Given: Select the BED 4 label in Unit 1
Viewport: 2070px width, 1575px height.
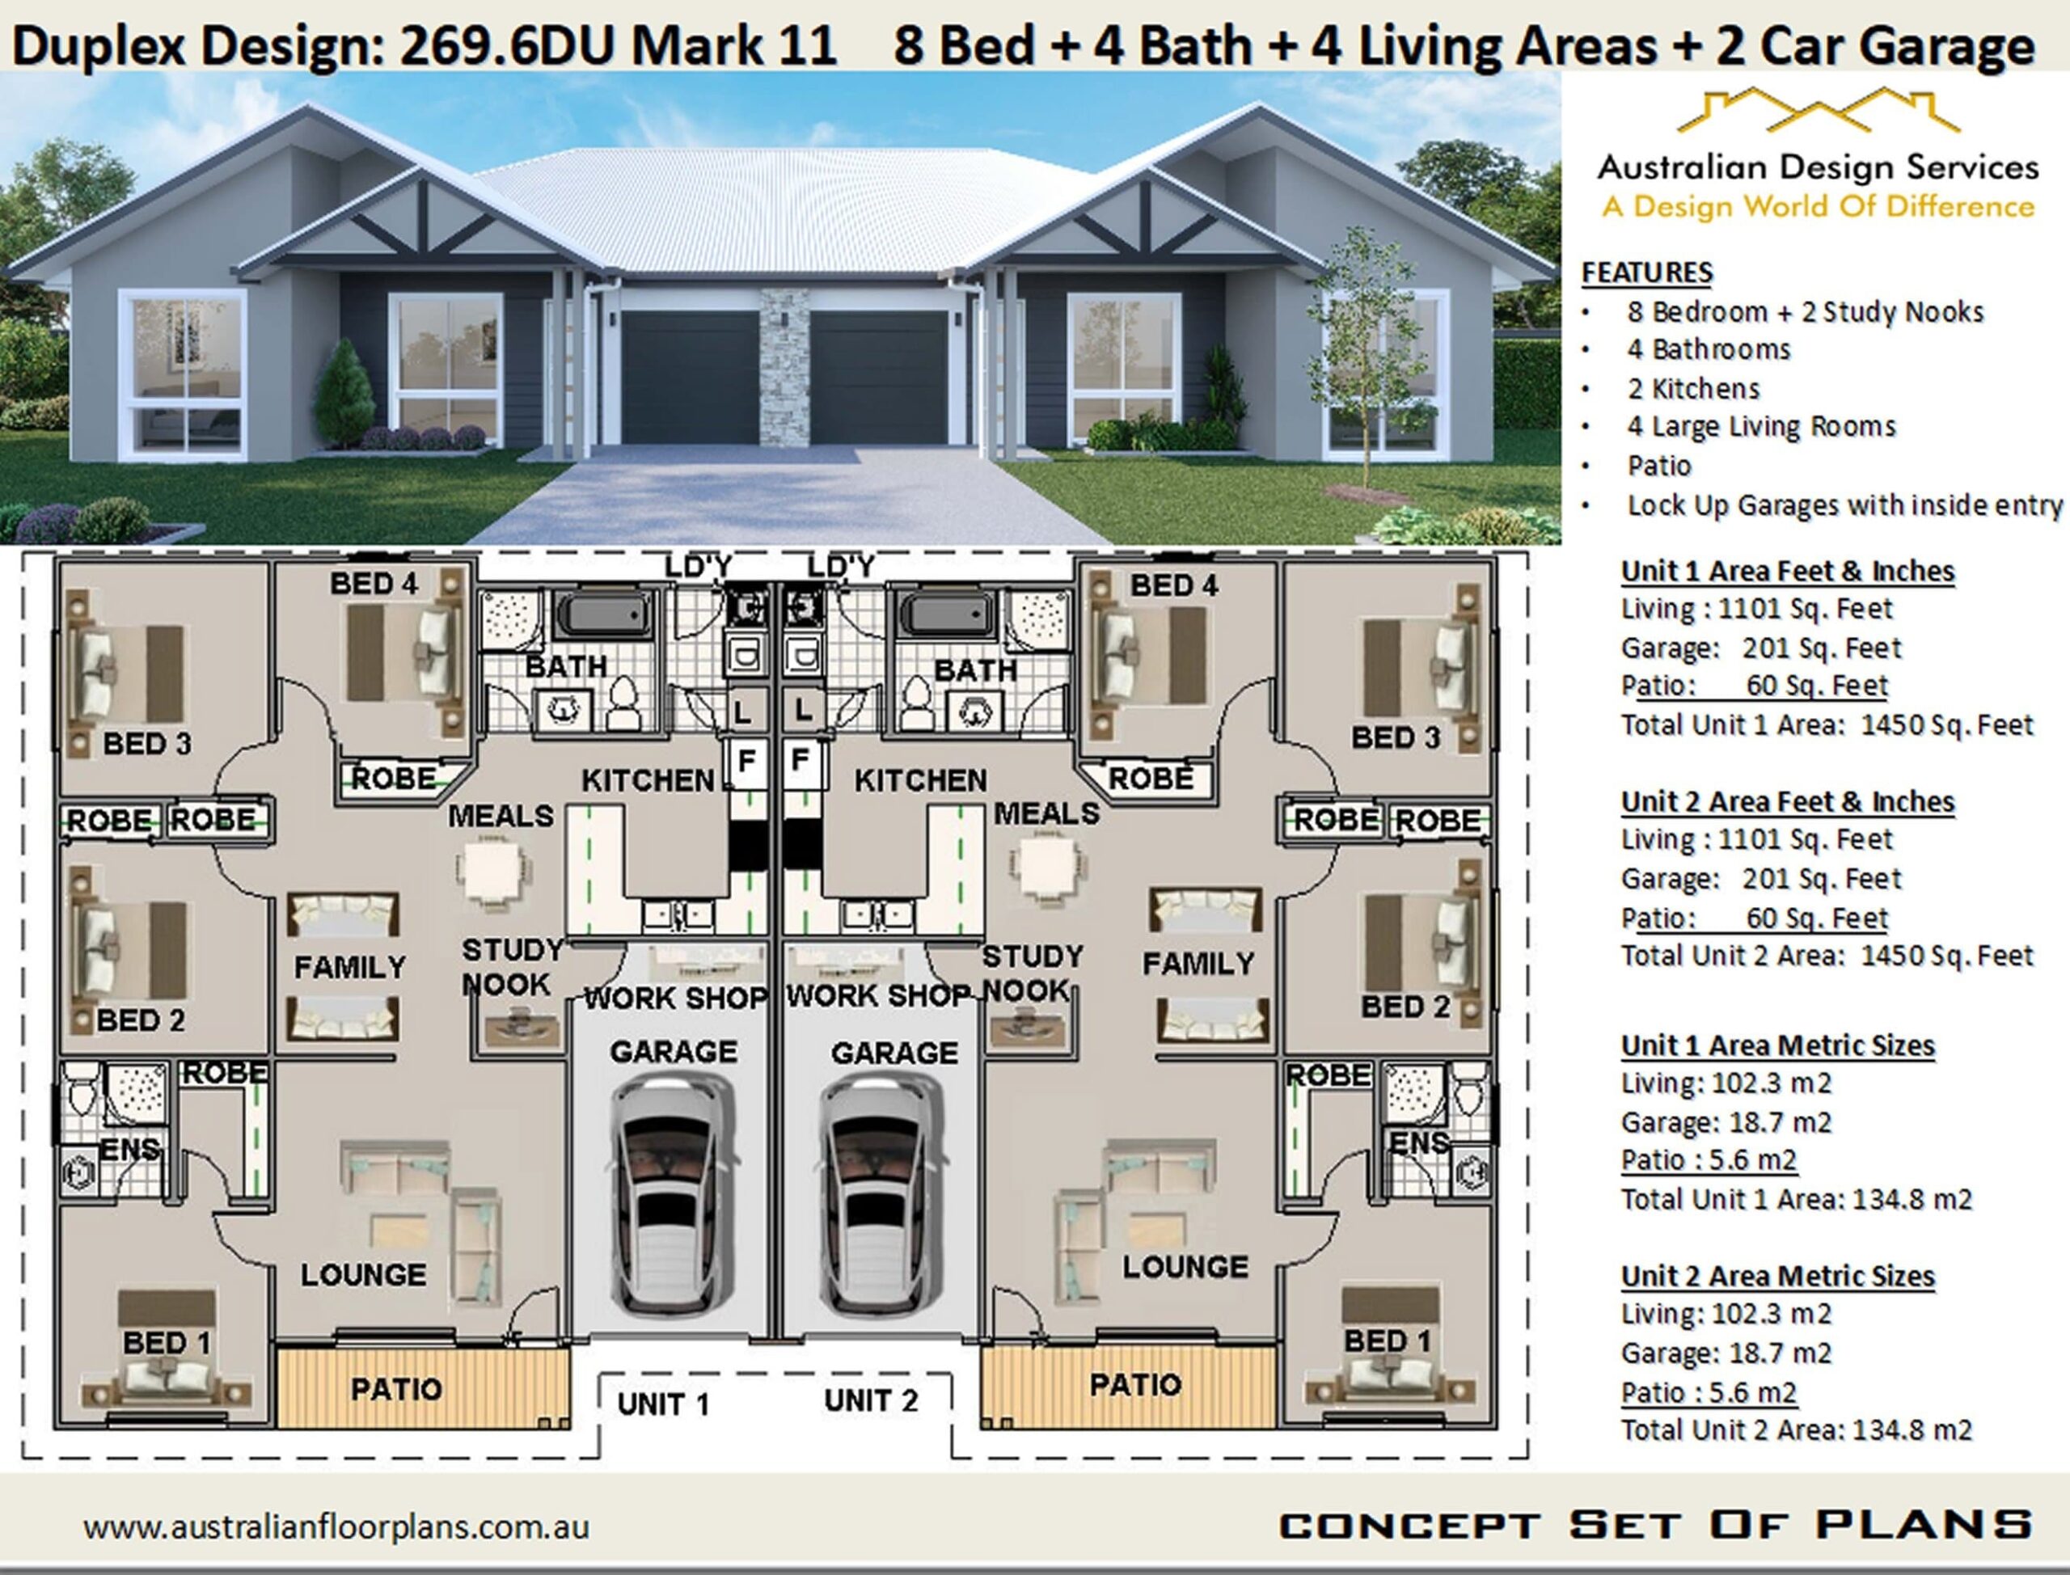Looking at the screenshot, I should tap(373, 583).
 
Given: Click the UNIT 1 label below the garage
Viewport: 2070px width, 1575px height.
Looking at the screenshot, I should tap(663, 1404).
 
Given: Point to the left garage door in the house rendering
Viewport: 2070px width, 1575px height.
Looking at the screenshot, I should tap(689, 377).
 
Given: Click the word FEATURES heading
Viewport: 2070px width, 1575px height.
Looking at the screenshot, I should tap(1646, 272).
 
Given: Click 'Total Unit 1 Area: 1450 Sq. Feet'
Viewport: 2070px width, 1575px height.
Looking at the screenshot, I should tap(1827, 724).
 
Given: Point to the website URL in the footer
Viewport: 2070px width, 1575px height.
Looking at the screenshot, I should tap(336, 1527).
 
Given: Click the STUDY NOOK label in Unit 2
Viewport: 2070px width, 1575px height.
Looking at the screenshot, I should tap(1031, 973).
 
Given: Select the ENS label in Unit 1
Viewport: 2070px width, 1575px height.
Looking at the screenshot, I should tap(129, 1150).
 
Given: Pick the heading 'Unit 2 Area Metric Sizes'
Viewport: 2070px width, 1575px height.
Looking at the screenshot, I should tap(1777, 1276).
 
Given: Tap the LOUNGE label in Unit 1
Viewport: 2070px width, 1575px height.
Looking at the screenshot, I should tap(363, 1274).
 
